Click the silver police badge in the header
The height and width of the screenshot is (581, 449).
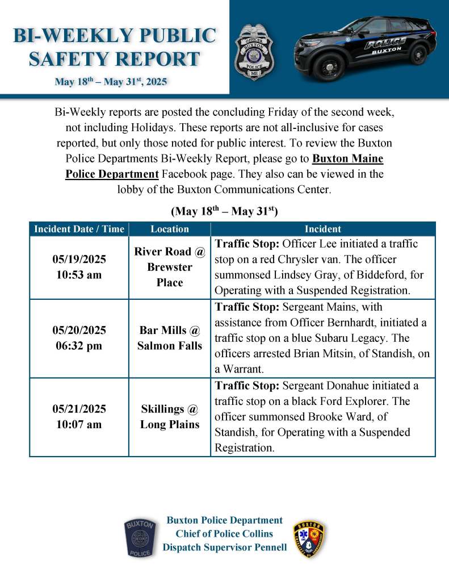[254, 52]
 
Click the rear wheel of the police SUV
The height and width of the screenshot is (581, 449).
[418, 55]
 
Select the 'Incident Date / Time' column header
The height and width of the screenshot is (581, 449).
[79, 229]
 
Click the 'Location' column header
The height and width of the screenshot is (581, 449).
[170, 229]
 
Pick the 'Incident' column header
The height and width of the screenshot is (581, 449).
[322, 229]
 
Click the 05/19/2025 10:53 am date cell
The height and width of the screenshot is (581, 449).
[79, 267]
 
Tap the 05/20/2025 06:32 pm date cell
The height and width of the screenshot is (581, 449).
[79, 338]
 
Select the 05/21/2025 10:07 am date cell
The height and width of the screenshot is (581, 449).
[79, 416]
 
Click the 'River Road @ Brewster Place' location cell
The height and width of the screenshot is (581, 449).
[170, 267]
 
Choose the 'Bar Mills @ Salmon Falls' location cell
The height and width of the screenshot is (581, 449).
[170, 338]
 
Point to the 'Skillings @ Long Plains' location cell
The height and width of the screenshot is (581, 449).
[170, 416]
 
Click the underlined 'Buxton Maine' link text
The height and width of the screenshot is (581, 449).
[349, 158]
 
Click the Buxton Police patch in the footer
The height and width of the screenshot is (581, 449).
[139, 537]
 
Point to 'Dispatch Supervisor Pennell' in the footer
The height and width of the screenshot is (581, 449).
[224, 547]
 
